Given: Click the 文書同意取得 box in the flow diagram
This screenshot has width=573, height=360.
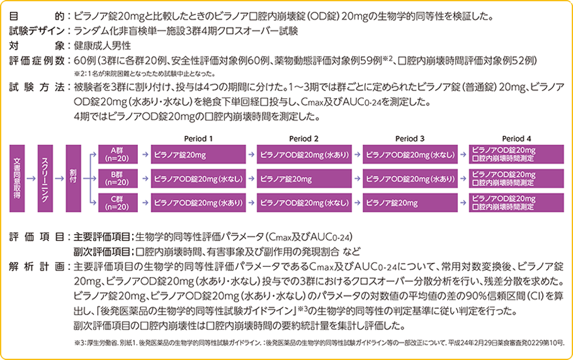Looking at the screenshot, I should [18, 179].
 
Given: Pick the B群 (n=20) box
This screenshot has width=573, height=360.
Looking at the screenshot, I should [116, 179].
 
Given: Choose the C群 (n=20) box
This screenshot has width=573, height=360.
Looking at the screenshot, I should [116, 203].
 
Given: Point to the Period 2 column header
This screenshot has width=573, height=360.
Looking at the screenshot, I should [304, 138].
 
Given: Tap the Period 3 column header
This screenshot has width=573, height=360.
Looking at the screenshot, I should [410, 138].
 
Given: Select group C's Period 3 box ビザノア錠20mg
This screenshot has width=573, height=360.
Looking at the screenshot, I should [410, 203].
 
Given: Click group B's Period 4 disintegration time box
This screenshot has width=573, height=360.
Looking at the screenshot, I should [516, 179].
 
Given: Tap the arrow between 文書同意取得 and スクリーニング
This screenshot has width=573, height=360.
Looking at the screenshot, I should [31, 179].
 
